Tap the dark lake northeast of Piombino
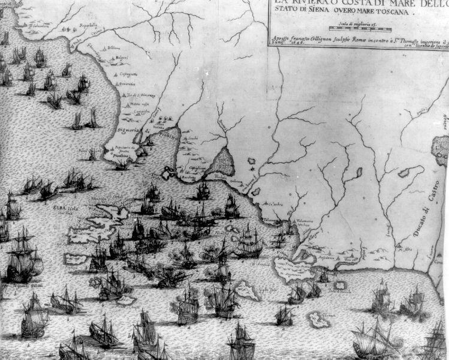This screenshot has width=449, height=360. pyautogui.click(x=223, y=161)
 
